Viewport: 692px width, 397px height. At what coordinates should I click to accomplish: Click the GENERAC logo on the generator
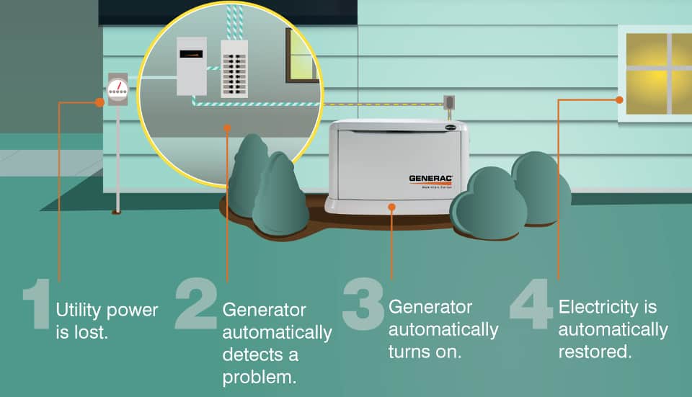[430, 178]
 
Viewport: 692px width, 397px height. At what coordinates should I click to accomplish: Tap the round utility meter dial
[117, 89]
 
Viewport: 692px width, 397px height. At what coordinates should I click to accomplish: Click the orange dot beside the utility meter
[99, 102]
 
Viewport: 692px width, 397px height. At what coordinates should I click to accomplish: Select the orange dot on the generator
[391, 206]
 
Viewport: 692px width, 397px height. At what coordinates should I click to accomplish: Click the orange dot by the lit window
[618, 100]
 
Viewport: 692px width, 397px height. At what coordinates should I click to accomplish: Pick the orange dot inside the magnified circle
[227, 128]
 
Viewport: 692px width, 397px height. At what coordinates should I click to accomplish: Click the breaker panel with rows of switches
[234, 68]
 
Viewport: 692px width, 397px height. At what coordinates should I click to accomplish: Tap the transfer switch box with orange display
[191, 66]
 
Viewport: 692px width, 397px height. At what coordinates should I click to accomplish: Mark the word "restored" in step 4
[595, 352]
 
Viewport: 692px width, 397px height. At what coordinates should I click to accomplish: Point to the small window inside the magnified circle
[302, 55]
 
